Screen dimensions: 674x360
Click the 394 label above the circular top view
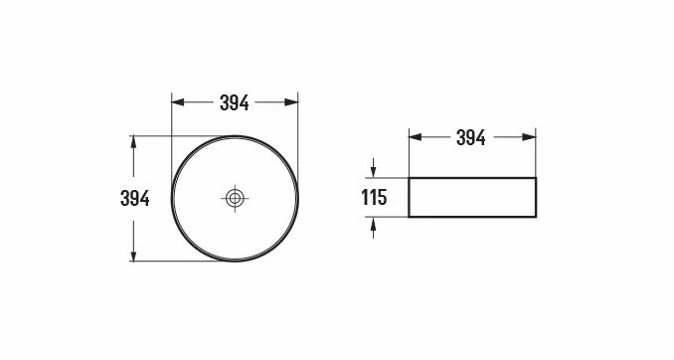coord(235,102)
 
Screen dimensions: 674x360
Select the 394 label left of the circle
coord(135,198)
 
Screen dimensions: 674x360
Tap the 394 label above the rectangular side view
coord(471,137)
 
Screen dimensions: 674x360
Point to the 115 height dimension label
coord(374,198)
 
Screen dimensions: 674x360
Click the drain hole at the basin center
coord(235,198)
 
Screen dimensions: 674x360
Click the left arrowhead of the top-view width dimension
coord(178,102)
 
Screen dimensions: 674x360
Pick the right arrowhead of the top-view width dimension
coord(291,102)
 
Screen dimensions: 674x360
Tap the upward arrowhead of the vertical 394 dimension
coord(133,142)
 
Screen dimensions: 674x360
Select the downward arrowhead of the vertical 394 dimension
coord(133,255)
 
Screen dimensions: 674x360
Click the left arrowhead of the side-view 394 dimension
coord(416,137)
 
